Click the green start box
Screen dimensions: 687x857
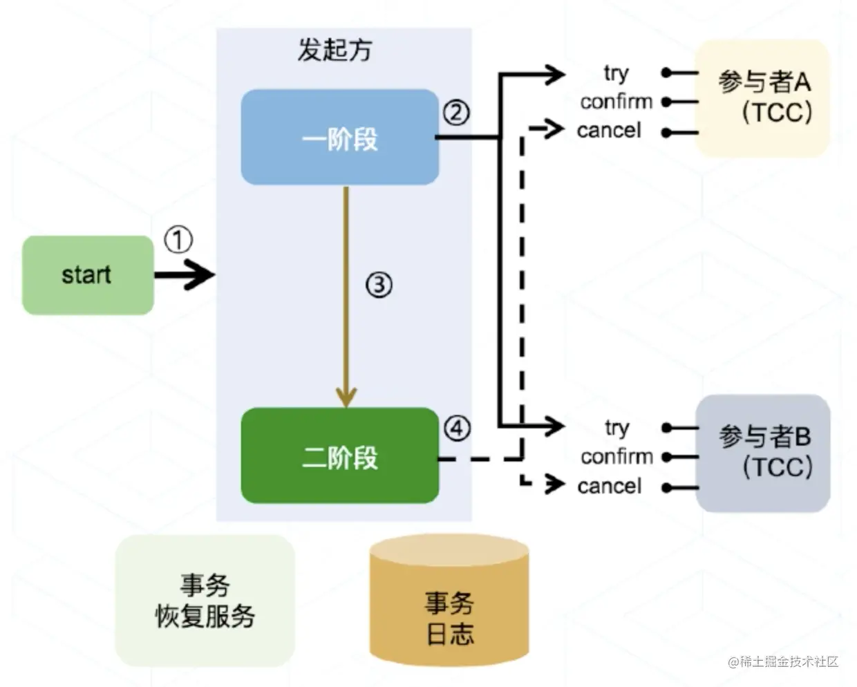coord(88,275)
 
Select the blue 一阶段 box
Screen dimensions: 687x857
coord(339,138)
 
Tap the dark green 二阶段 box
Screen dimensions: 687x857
coord(339,456)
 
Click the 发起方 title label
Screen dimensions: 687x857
coord(335,50)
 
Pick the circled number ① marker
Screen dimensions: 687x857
coord(178,241)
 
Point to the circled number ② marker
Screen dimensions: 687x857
coord(456,112)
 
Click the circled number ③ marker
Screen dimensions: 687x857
coord(379,284)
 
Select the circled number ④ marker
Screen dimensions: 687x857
coord(457,429)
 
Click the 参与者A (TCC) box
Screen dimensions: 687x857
coord(762,97)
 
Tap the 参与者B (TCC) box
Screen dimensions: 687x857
coord(763,453)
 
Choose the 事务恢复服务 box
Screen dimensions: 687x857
coord(205,601)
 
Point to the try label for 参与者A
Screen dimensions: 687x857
coord(616,73)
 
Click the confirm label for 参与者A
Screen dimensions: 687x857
coord(616,102)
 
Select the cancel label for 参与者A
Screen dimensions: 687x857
coord(609,130)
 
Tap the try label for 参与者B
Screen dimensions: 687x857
coord(616,428)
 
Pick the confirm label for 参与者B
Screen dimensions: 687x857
coord(616,457)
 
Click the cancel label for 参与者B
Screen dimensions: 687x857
coord(609,486)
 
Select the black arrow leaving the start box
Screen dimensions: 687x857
coord(184,275)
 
